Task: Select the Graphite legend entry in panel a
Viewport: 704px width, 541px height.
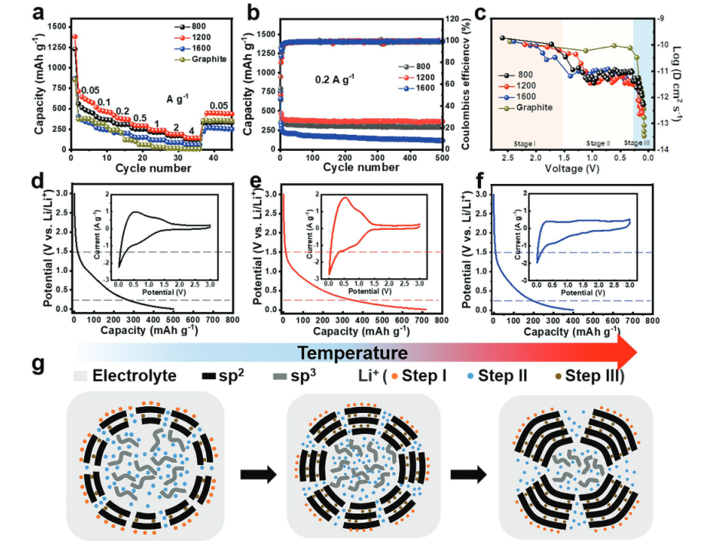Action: click(209, 59)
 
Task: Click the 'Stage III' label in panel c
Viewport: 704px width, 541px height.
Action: click(638, 143)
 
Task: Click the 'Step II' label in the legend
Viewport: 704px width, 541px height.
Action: click(506, 376)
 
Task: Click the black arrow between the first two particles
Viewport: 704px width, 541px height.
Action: click(255, 474)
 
